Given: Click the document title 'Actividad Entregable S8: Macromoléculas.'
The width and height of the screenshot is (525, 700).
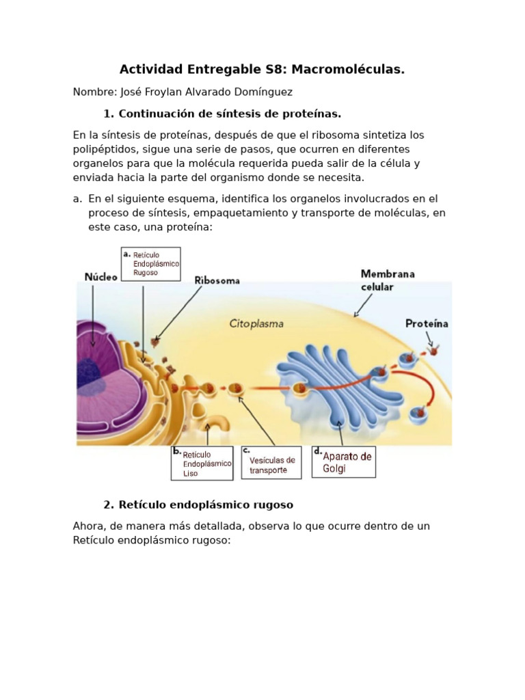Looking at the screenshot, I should (x=262, y=69).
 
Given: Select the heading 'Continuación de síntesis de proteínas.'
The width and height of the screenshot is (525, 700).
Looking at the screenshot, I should (x=230, y=113).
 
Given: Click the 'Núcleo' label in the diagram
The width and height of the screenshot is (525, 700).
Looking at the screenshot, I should (x=100, y=276).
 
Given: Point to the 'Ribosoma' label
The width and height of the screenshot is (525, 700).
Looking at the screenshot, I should (x=217, y=280).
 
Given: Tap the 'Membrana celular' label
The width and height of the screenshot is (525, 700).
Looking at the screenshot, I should (x=388, y=280).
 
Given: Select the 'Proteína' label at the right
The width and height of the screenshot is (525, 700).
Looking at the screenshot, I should (x=427, y=323).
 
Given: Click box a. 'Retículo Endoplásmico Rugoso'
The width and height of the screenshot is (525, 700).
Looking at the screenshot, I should (x=151, y=264).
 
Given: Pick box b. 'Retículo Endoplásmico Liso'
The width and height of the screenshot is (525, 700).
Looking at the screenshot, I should (x=202, y=463).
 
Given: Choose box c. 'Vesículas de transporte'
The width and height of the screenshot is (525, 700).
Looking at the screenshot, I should (x=270, y=463).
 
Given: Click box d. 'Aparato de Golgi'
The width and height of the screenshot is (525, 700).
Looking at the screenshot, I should (x=344, y=462).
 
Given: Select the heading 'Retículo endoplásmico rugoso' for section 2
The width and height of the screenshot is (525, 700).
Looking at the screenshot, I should (x=206, y=505).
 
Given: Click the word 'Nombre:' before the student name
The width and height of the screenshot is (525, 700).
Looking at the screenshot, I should (x=94, y=92).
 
